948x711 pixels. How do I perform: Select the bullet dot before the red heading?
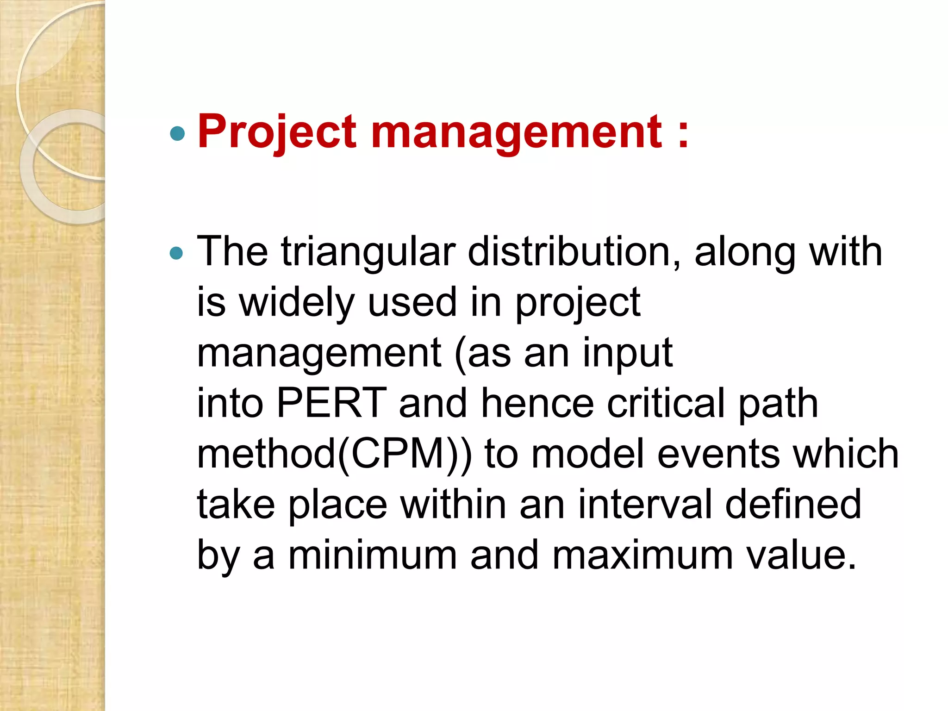tap(177, 134)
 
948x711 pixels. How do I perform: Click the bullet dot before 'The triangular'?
tap(177, 253)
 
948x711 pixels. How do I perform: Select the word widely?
tap(296, 303)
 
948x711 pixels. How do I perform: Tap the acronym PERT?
tap(331, 403)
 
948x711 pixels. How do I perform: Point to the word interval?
tap(645, 505)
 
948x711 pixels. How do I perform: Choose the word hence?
tap(537, 403)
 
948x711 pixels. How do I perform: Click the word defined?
tap(793, 505)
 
